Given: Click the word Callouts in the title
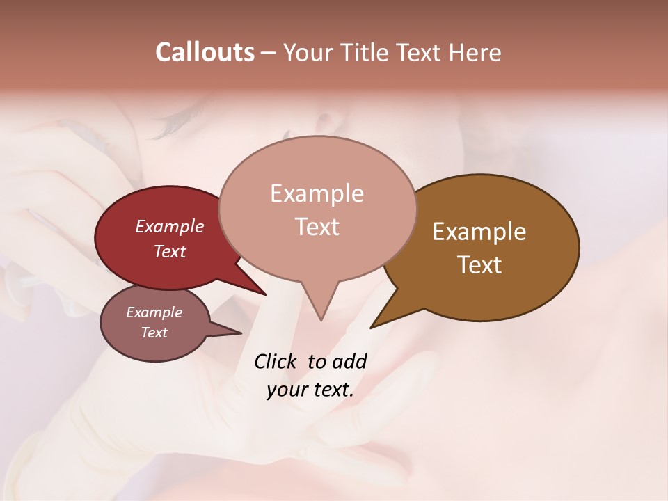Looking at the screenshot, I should point(205,52).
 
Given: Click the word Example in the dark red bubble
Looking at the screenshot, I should point(169,226).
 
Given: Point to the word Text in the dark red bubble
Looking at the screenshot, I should point(169,251).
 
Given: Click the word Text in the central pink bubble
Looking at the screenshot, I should point(317,226).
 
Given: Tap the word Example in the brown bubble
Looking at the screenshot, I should point(479,231).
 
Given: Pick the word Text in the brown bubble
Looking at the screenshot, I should point(479,264).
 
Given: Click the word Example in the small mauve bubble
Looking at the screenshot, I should point(154,312).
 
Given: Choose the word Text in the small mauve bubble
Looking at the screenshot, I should point(154,333).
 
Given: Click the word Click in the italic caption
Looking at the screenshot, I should point(276,361).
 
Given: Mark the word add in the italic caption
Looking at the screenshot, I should point(349,361).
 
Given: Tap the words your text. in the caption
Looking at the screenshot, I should point(310,390).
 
